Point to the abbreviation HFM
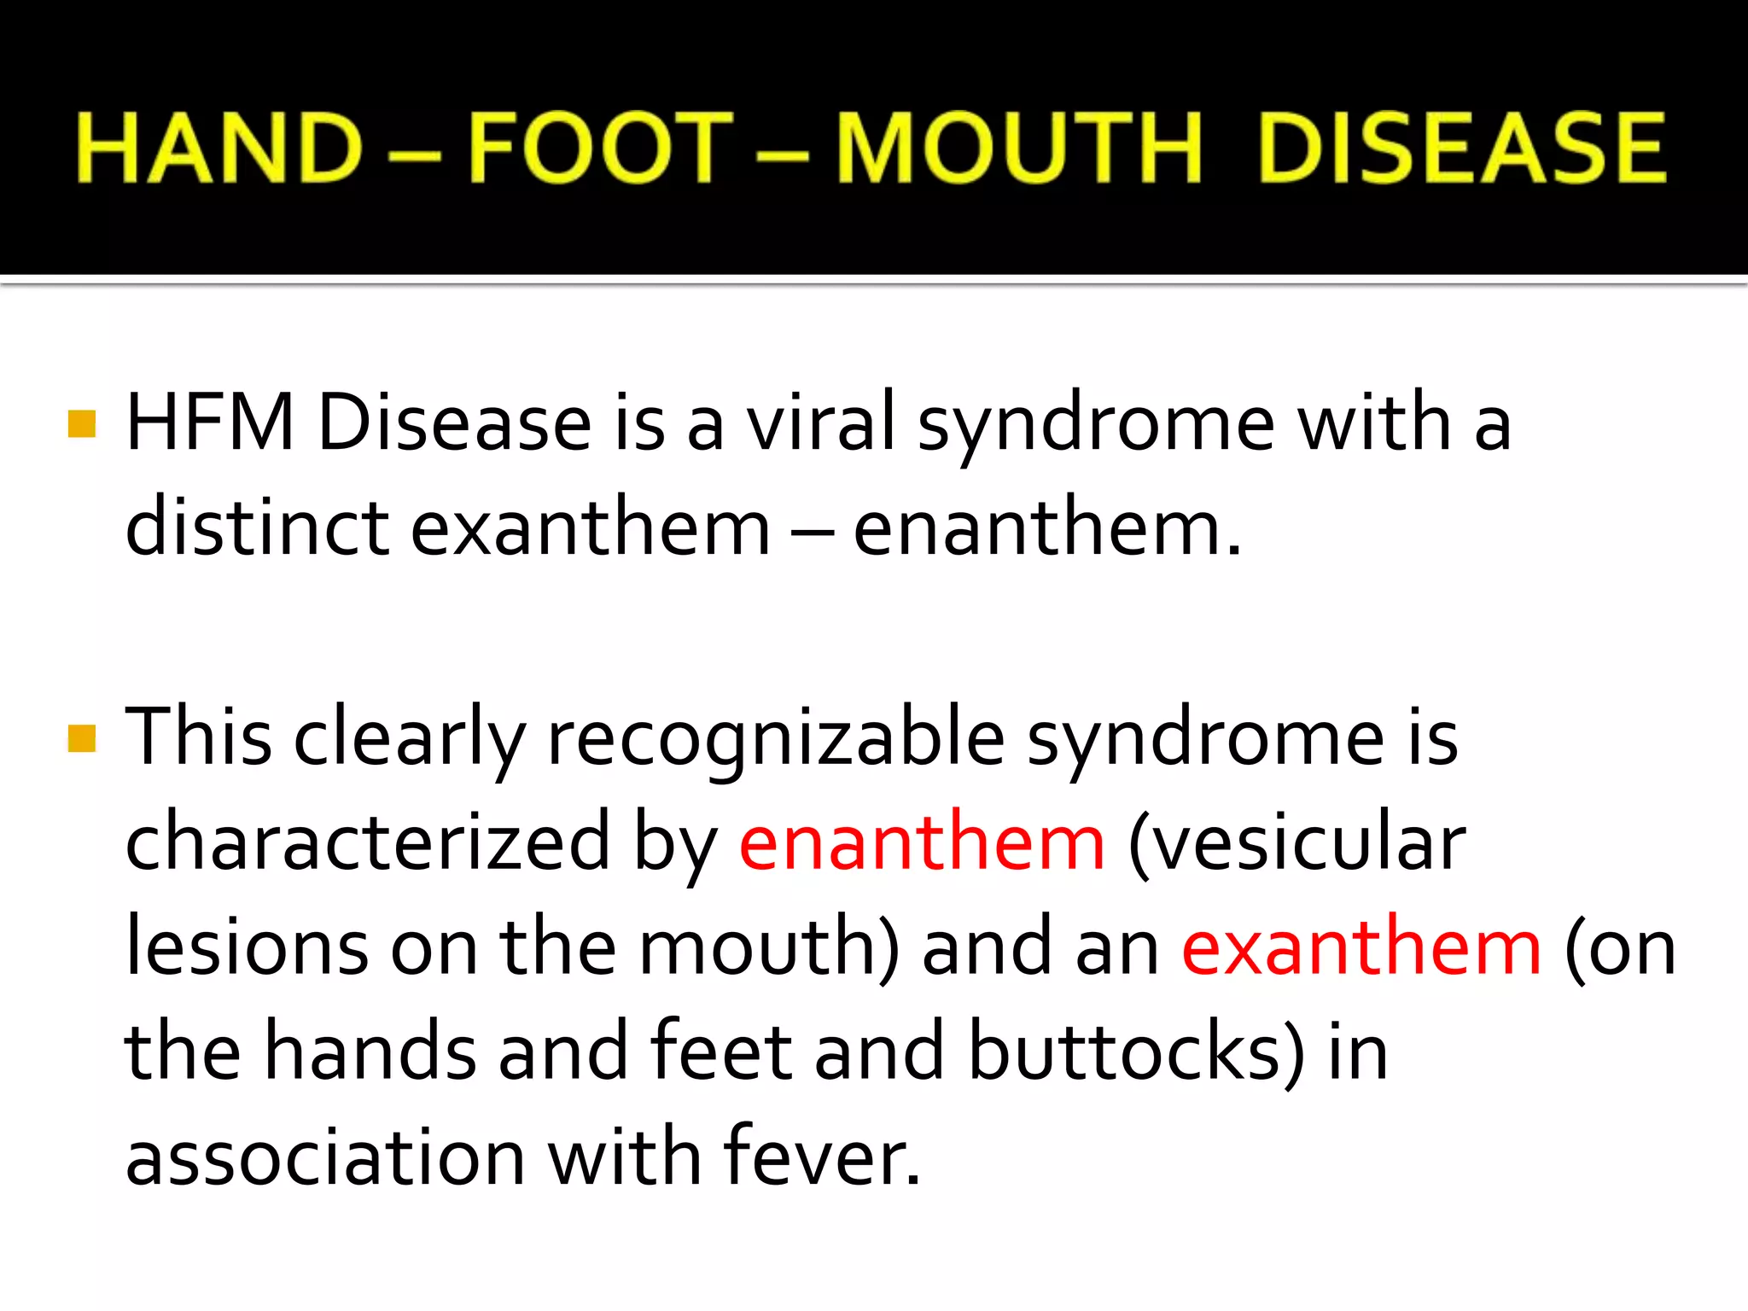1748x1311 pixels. click(x=210, y=422)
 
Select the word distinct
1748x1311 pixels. click(x=257, y=527)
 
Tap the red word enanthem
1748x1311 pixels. click(x=922, y=842)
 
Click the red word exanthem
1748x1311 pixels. click(x=1361, y=947)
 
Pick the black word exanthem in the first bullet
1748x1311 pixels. click(x=591, y=527)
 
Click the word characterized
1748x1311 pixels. click(x=368, y=842)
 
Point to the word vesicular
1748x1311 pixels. click(x=1297, y=842)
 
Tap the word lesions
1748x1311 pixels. click(x=248, y=947)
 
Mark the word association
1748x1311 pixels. click(x=325, y=1157)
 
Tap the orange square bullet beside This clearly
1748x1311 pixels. click(x=82, y=738)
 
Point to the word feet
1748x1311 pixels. click(x=720, y=1052)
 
